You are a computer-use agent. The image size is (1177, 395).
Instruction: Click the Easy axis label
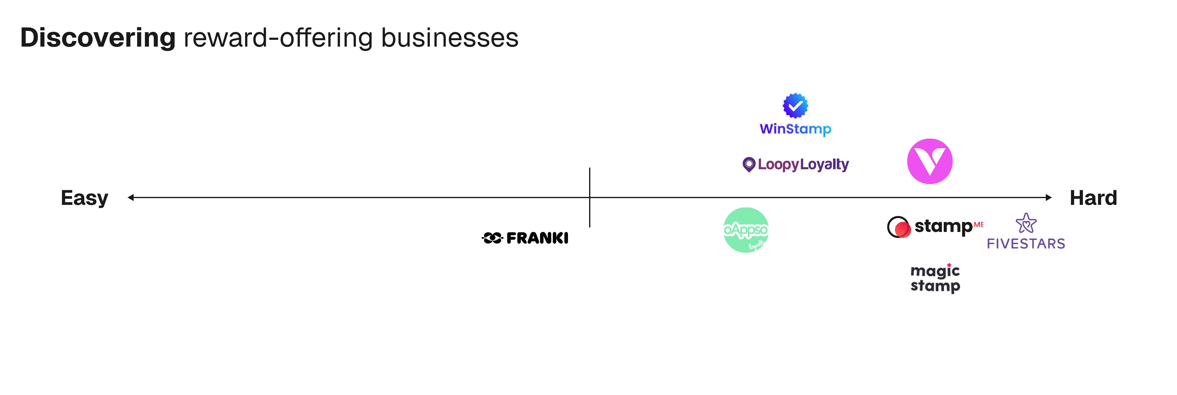[85, 198]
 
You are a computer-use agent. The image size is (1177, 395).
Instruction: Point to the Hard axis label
[1093, 198]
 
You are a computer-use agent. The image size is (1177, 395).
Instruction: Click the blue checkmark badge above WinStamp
[795, 105]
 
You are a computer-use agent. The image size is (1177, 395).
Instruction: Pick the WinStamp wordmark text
[795, 129]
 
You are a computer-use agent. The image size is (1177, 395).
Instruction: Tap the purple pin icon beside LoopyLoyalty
[748, 164]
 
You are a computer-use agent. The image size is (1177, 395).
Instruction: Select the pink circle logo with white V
[929, 161]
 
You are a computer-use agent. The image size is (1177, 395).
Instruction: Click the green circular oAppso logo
[746, 230]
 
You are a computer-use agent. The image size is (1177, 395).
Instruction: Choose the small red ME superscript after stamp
[978, 224]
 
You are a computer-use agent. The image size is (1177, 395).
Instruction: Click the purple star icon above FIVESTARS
[1026, 223]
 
